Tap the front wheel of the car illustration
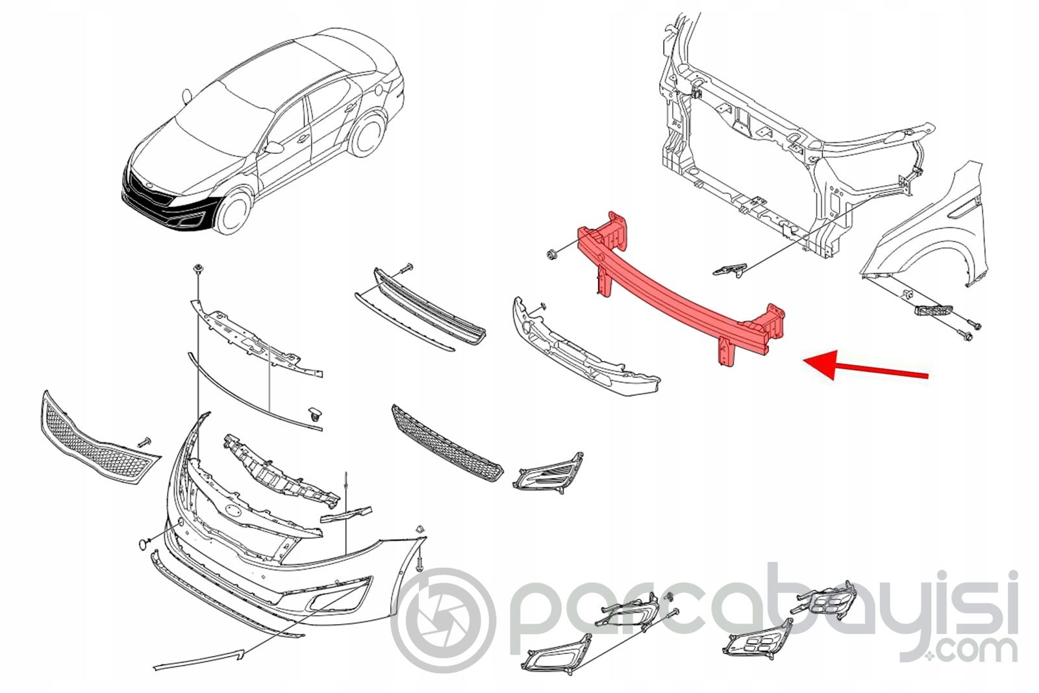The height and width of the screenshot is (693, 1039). pos(232,214)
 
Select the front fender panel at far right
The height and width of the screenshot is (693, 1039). pos(925,227)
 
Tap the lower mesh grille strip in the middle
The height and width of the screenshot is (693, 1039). pos(447,442)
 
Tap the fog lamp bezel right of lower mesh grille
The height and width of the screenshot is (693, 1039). pos(548,472)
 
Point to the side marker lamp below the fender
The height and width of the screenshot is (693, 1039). pos(933,310)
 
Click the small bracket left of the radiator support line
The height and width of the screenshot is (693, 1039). pos(730,270)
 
